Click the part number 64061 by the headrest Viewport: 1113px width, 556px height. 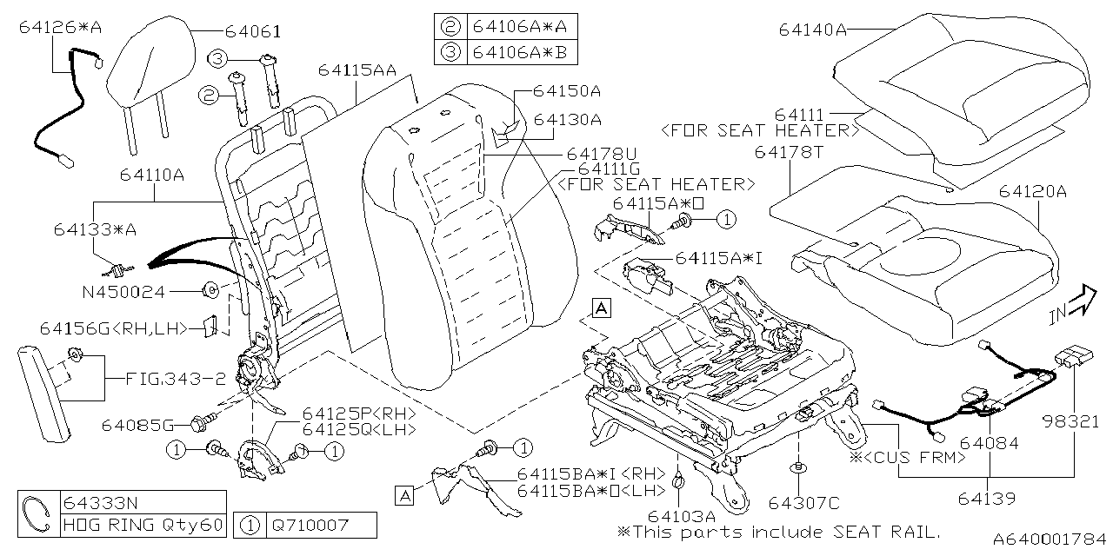point(252,32)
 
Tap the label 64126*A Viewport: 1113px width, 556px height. point(59,28)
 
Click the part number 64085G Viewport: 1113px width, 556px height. point(138,425)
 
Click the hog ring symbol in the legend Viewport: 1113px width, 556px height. point(37,513)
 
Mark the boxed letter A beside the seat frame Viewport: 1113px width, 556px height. point(602,306)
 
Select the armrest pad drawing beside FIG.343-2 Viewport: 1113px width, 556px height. point(47,391)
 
